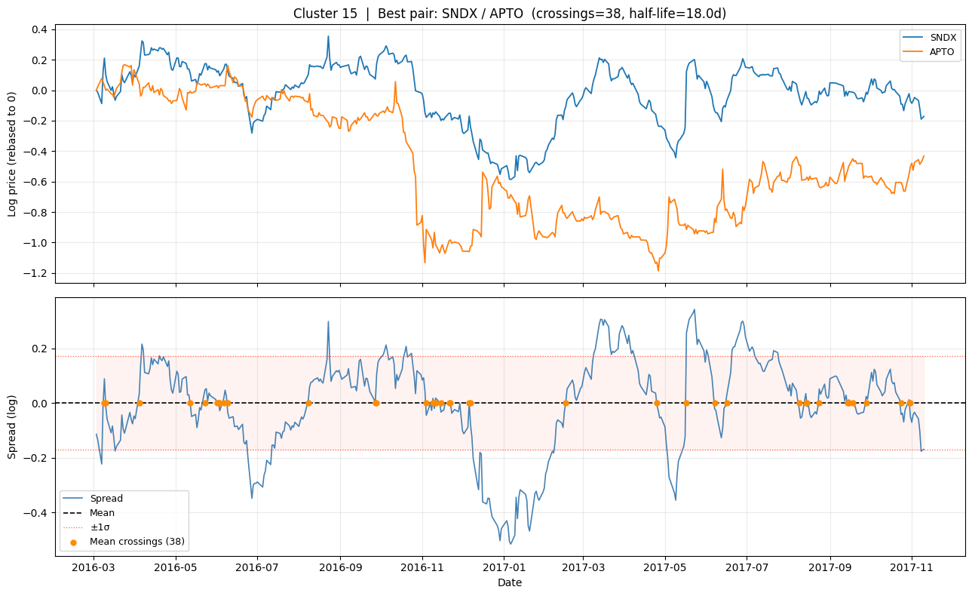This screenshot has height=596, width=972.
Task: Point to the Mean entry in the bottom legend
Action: [x=103, y=513]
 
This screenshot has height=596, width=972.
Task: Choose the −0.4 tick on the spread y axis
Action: [x=35, y=513]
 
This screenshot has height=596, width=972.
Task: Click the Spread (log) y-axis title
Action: [x=13, y=425]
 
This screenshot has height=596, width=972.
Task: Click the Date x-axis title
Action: [x=510, y=582]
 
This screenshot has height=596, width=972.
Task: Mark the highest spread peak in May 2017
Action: [x=695, y=309]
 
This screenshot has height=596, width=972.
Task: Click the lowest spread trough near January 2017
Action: [x=510, y=544]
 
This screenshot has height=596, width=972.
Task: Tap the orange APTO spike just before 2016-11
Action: [x=395, y=82]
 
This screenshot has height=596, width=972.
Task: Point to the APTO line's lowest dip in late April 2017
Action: [x=658, y=270]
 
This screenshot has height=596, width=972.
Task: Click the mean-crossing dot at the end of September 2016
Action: [x=376, y=403]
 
